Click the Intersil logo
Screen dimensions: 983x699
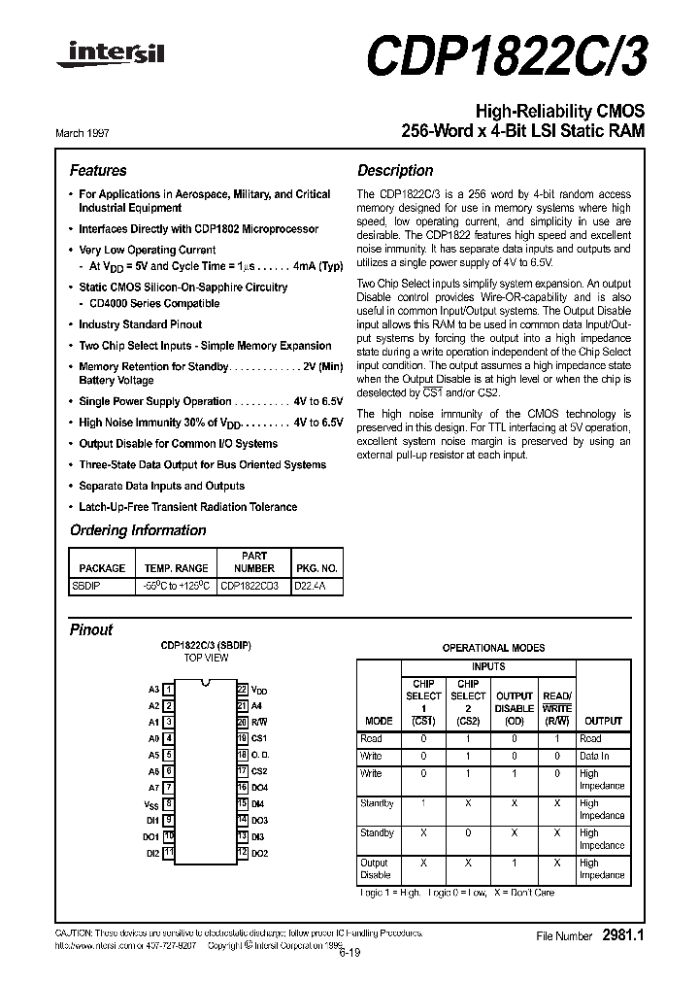[110, 56]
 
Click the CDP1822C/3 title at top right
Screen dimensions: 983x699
[505, 56]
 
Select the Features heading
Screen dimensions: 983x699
[98, 170]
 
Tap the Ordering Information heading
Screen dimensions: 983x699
[138, 530]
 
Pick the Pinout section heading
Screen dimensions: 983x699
[91, 629]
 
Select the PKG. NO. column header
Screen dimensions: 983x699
[316, 568]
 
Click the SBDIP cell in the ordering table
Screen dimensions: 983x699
[86, 586]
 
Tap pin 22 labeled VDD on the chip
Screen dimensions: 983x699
[243, 689]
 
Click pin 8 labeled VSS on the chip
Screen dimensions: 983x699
[169, 803]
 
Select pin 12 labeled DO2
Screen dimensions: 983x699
[243, 852]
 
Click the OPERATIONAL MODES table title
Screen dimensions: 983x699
[493, 648]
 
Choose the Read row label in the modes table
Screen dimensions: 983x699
[371, 739]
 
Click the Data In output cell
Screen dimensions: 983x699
[594, 756]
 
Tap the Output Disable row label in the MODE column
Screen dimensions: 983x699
[375, 868]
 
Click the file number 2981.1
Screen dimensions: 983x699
[622, 935]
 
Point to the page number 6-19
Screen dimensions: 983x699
[351, 954]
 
